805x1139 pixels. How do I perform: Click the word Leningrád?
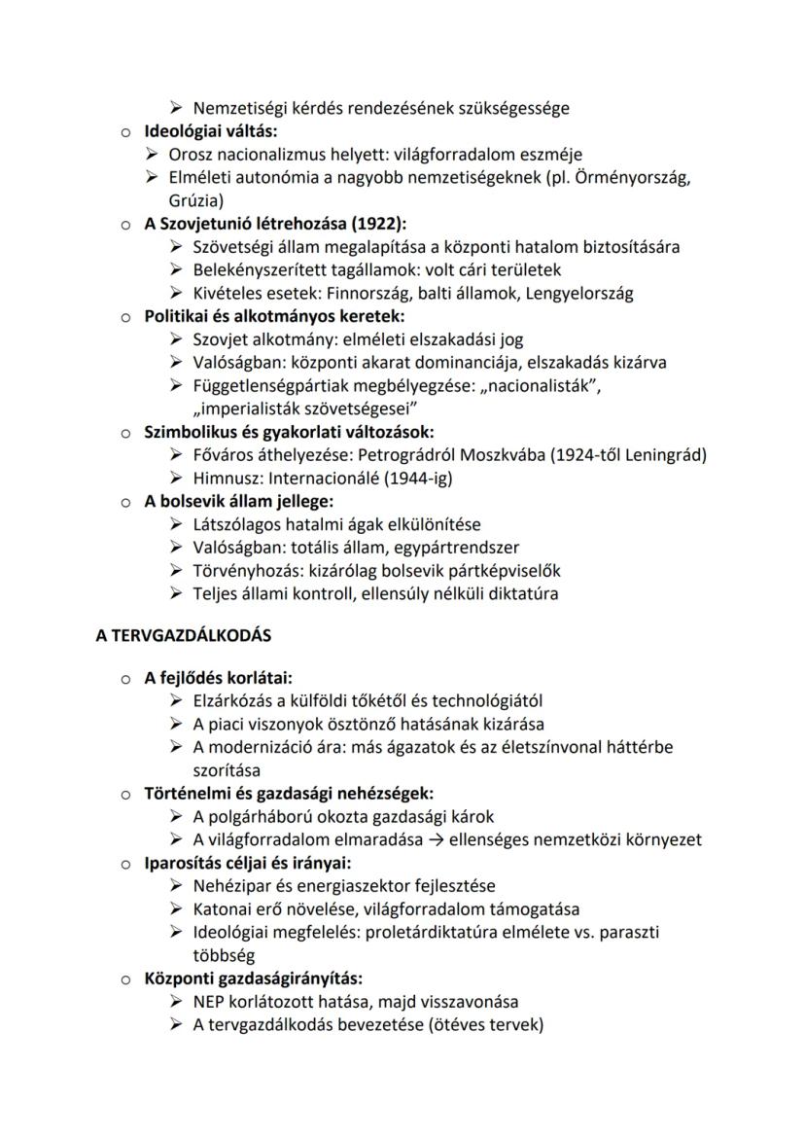pos(665,455)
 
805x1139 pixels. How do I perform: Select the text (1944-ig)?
pos(420,479)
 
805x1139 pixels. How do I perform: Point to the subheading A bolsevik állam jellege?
pos(238,502)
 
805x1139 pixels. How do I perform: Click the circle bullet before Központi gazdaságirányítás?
pos(125,979)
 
